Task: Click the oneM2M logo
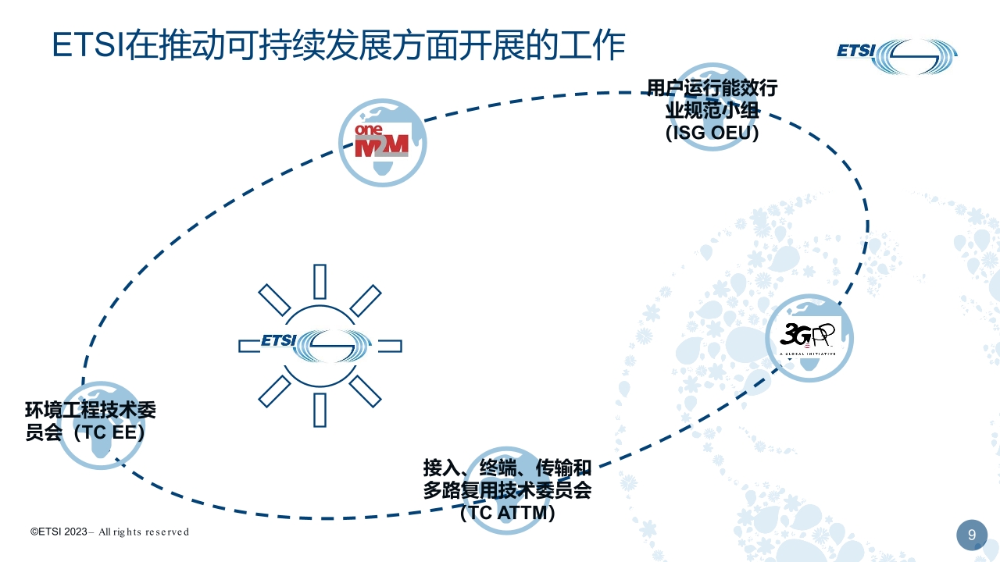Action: (382, 140)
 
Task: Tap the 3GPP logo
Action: (808, 339)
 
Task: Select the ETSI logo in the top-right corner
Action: (896, 56)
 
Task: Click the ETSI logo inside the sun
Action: (305, 345)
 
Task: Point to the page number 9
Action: (972, 535)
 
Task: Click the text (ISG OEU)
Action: (712, 133)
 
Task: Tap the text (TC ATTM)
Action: (508, 512)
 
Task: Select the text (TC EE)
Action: (109, 432)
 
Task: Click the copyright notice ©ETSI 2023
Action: (59, 532)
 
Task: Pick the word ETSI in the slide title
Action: (88, 44)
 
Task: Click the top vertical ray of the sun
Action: (320, 282)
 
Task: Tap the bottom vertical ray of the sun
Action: (320, 410)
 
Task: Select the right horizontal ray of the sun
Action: (390, 346)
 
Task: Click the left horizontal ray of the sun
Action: (249, 346)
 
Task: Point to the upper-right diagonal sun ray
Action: (365, 301)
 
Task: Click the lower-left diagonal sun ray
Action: (274, 391)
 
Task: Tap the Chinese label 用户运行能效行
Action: (712, 87)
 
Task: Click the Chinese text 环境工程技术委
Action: (91, 410)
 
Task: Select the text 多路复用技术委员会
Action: (508, 490)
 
